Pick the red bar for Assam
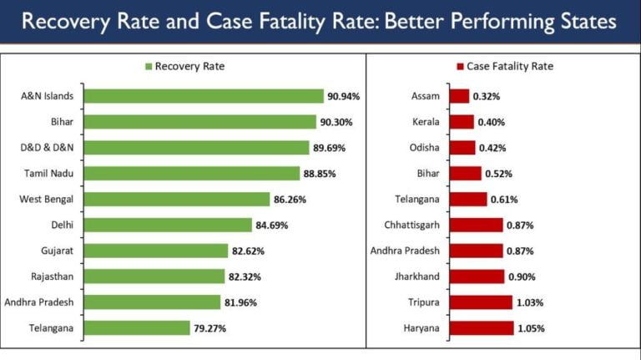coord(459,96)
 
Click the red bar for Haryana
coord(482,328)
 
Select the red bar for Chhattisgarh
coord(476,225)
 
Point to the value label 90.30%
coord(336,122)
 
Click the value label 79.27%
coord(209,328)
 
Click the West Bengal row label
coord(47,200)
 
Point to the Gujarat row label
coord(57,251)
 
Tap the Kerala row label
coord(426,122)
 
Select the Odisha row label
coord(424,148)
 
